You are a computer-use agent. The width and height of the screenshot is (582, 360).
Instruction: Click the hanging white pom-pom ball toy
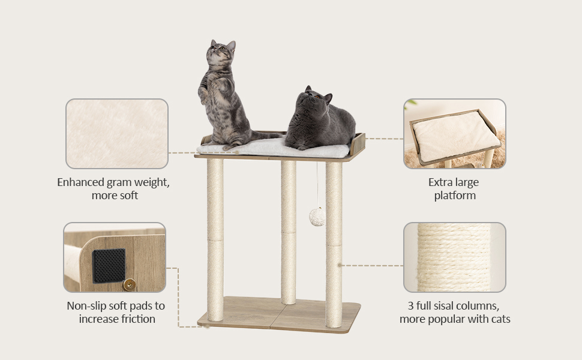tap(317, 217)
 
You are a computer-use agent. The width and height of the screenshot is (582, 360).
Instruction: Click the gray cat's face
tap(314, 99)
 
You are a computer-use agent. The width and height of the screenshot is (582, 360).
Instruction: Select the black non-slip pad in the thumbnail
tap(109, 266)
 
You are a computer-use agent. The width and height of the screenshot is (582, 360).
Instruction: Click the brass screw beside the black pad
tap(129, 284)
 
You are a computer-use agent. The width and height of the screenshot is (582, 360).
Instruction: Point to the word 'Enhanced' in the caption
tap(81, 182)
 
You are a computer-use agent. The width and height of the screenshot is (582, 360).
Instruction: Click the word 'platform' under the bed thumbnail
tap(455, 196)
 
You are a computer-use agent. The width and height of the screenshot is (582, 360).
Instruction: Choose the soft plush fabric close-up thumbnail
tap(117, 134)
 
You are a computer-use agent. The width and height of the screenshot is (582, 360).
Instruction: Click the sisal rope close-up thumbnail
tap(455, 257)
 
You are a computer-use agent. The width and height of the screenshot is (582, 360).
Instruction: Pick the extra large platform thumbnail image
tap(455, 134)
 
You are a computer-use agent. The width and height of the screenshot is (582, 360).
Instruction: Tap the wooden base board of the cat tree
tap(279, 314)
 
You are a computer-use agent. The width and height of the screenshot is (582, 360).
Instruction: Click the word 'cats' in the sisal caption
tap(499, 319)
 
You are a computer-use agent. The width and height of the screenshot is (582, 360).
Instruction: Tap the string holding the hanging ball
tap(317, 185)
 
